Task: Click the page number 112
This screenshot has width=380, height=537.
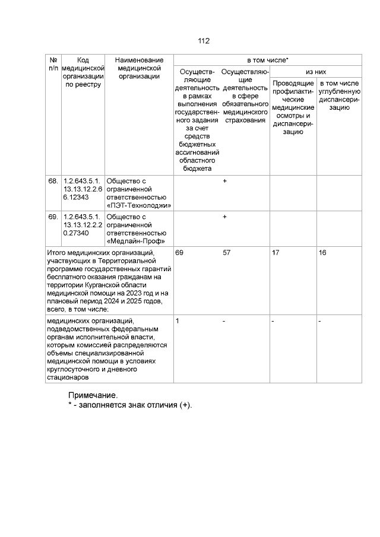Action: point(204,41)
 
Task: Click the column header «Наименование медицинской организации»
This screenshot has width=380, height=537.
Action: point(139,68)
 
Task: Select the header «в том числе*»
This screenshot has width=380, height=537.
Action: point(268,61)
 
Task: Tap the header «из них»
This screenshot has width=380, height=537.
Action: point(316,71)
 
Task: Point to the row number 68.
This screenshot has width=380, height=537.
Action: point(53,180)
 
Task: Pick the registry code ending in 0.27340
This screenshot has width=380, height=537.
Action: point(83,225)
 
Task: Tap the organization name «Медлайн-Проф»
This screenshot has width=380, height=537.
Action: point(135,242)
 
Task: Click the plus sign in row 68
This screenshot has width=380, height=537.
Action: point(224,180)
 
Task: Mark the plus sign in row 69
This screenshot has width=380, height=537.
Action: point(224,217)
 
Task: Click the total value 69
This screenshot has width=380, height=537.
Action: point(179,253)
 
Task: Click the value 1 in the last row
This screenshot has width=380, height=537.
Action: point(178,320)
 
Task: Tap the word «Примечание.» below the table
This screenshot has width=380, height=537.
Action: point(93,395)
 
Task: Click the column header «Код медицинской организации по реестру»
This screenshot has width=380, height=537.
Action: point(83,72)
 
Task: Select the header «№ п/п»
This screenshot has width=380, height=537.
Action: point(53,64)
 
